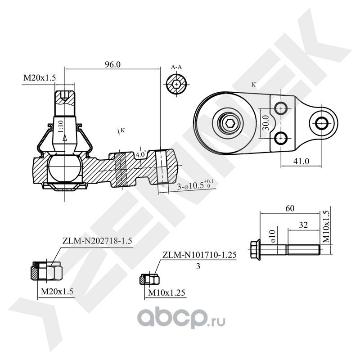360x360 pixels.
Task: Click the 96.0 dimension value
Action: click(x=112, y=64)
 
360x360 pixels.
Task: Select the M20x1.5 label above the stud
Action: click(x=39, y=78)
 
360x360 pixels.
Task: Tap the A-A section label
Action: click(x=176, y=67)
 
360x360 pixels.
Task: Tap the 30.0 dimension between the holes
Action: click(x=265, y=123)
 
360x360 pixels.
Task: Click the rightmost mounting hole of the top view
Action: click(x=322, y=122)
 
